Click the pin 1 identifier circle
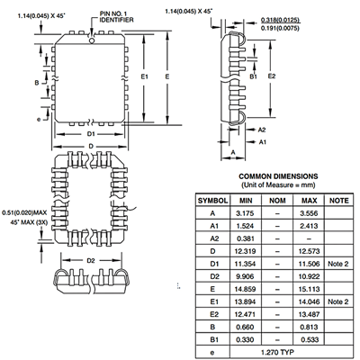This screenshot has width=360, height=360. click(92, 40)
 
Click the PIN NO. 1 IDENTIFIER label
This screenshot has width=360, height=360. click(116, 17)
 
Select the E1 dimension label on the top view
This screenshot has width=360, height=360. click(145, 76)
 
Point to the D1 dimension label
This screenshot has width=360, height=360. click(91, 134)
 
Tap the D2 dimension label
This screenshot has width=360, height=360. click(91, 261)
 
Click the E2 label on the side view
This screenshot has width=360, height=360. click(272, 76)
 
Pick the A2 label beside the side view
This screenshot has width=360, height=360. click(262, 130)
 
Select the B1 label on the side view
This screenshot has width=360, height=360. click(254, 76)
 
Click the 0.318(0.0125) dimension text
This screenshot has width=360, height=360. click(280, 20)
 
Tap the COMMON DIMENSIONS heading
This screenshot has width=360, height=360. click(278, 176)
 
